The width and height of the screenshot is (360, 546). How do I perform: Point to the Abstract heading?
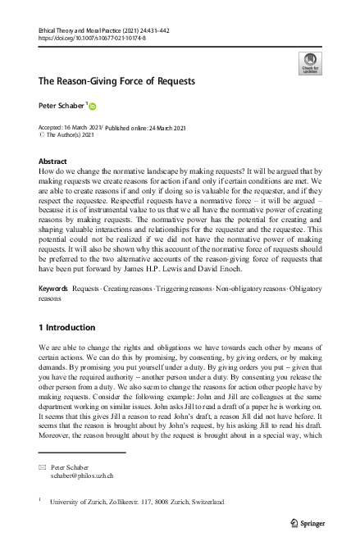(x=52, y=162)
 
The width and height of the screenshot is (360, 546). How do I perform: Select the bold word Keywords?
(x=53, y=289)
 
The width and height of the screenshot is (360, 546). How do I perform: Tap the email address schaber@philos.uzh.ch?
(x=83, y=475)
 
